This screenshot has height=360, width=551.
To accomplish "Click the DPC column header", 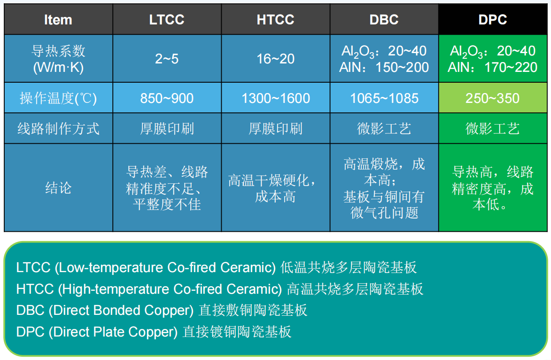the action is (x=493, y=20).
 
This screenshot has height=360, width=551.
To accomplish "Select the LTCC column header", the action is (x=167, y=20).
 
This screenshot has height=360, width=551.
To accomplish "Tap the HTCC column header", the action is (x=275, y=20).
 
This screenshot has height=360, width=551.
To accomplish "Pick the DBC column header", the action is (x=384, y=20).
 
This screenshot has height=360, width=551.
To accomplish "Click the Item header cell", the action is (x=58, y=20).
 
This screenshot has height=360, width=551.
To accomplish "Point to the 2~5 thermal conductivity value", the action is (x=167, y=59).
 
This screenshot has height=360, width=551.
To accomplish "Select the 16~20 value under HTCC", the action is (x=275, y=59).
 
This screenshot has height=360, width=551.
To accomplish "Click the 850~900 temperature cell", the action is (x=167, y=98).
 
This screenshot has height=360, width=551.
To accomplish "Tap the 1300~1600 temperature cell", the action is (x=275, y=98).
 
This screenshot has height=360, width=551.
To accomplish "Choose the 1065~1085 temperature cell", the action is (x=384, y=98).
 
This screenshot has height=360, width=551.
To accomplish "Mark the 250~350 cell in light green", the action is (x=493, y=98).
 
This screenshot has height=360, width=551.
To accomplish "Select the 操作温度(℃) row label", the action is (x=58, y=98).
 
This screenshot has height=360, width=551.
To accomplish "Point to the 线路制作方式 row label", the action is (x=58, y=129).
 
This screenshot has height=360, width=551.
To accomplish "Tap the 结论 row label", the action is (x=58, y=188).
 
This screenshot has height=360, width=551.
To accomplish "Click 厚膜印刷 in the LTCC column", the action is (x=167, y=129).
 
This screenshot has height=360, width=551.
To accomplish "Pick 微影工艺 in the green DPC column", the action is (x=493, y=129).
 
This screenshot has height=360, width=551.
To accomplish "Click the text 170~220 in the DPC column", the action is (x=511, y=67).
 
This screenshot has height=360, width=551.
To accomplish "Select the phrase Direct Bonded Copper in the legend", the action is (x=121, y=310).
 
